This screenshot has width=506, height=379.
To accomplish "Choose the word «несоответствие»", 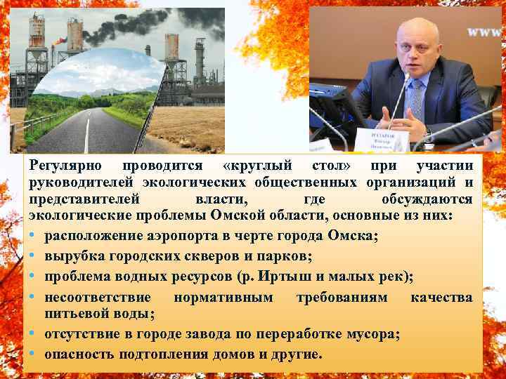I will point(100,297).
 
